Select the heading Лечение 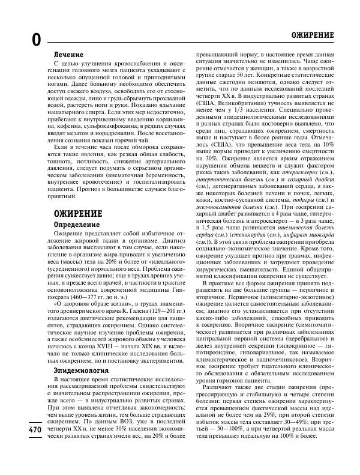tap(68, 54)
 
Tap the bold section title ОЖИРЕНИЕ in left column tap(77, 213)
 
